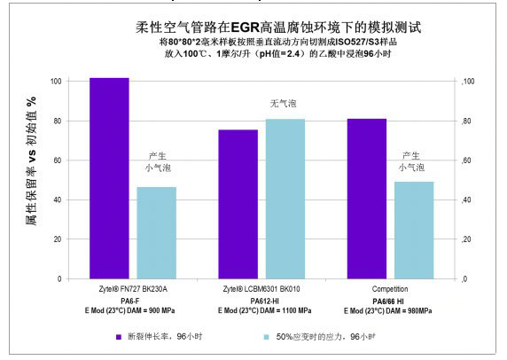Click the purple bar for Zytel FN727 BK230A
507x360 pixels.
point(109,178)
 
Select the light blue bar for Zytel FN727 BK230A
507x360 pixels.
point(155,232)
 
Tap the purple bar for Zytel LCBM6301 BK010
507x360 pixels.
point(238,204)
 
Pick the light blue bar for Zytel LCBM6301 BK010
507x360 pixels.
point(285,199)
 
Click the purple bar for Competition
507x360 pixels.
point(366,199)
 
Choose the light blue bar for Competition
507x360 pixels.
point(413,230)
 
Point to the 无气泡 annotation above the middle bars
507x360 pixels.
point(284,104)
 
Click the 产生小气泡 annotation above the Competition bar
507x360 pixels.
point(412,160)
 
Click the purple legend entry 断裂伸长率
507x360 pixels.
point(160,337)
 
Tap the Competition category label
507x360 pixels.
point(390,291)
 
